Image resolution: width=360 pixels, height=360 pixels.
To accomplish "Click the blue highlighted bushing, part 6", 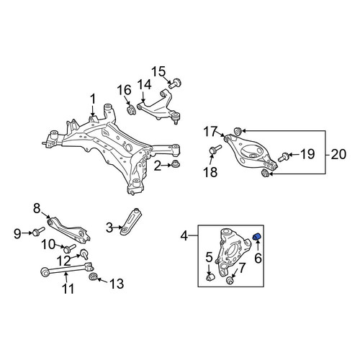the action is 257,236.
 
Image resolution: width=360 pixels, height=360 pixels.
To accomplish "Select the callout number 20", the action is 338,154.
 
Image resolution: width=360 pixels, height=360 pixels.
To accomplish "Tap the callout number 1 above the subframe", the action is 93,99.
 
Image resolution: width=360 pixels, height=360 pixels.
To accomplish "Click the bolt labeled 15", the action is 175,83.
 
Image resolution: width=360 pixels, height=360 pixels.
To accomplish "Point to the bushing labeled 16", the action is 131,110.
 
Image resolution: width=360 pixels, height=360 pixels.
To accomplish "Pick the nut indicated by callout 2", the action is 176,164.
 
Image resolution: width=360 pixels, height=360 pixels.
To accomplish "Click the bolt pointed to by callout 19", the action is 284,156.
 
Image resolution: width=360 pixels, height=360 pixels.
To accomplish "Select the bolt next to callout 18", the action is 215,149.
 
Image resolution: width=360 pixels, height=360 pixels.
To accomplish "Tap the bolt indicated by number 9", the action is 38,231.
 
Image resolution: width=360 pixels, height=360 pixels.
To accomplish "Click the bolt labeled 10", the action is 69,248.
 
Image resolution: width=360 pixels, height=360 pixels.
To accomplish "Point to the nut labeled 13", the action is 93,276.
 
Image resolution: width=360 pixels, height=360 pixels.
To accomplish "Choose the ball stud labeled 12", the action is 85,253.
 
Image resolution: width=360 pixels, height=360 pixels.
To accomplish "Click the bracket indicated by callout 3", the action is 132,222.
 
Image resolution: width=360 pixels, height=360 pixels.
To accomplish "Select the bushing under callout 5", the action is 210,277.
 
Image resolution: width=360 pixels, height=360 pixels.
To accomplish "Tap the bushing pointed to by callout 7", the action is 230,280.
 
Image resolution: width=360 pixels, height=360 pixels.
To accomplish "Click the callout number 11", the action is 68,289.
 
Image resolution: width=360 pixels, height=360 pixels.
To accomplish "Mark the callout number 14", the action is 145,85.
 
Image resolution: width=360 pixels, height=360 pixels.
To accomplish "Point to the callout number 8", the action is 37,209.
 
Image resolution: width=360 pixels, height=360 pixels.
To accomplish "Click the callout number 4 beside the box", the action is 184,236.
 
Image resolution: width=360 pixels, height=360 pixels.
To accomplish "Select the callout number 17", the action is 210,132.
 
